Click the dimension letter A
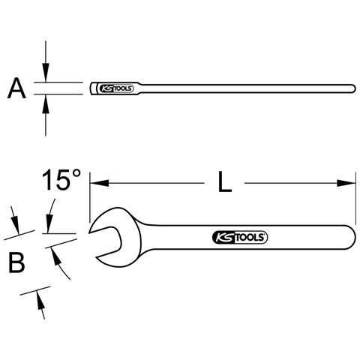16,88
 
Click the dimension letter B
16,262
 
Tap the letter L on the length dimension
225,181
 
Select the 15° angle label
61,180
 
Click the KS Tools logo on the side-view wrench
116,88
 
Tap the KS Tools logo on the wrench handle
239,237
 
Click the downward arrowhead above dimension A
46,73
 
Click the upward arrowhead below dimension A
45,104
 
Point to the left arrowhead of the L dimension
100,183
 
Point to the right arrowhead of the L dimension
346,183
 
